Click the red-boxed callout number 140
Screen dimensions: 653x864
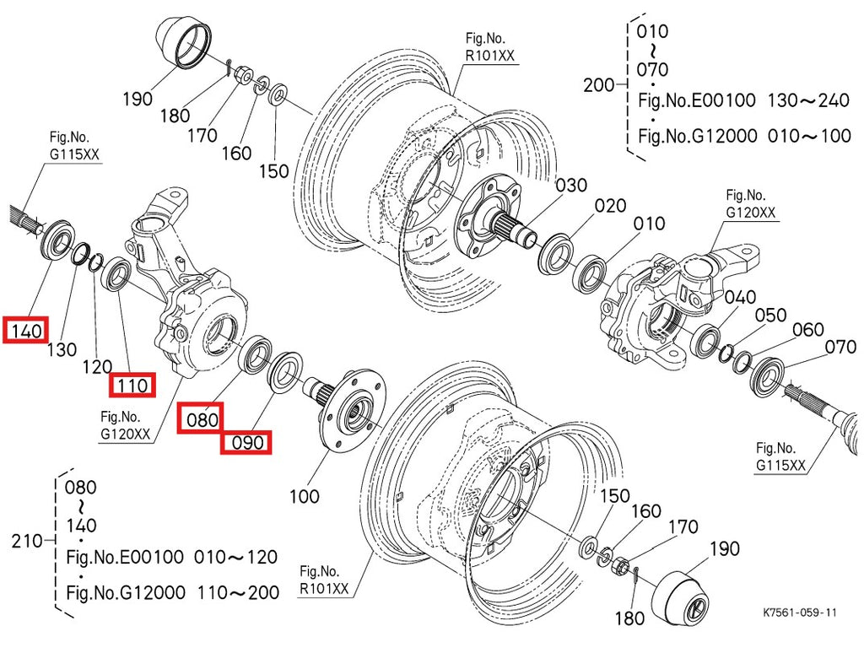tap(26, 331)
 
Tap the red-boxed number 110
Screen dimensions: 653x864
tap(132, 386)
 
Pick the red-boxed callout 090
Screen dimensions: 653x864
tap(245, 441)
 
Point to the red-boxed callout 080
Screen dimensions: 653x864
tap(202, 418)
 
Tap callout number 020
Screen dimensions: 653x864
tap(609, 205)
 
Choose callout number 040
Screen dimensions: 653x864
tap(740, 297)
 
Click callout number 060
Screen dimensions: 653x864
tap(807, 329)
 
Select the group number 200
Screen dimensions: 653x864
tap(601, 85)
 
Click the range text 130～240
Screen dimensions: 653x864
tap(807, 101)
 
